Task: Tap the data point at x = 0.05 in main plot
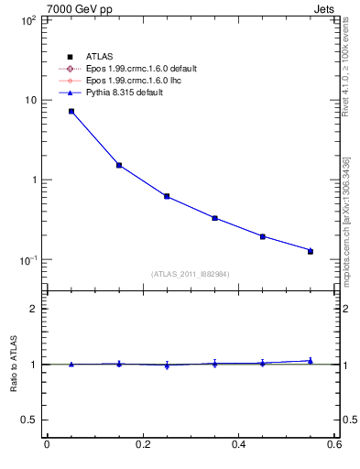pos(71,112)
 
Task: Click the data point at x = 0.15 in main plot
pos(119,165)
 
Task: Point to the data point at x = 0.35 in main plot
pos(214,218)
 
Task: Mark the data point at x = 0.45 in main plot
pos(262,236)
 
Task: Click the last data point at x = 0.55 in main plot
pos(310,250)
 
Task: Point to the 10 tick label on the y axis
pos(29,100)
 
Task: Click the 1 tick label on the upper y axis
pos(32,180)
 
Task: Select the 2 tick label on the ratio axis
pos(32,309)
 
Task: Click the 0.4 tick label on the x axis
pos(238,445)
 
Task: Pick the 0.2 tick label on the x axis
pos(143,445)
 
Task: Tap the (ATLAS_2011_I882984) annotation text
pos(190,274)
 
